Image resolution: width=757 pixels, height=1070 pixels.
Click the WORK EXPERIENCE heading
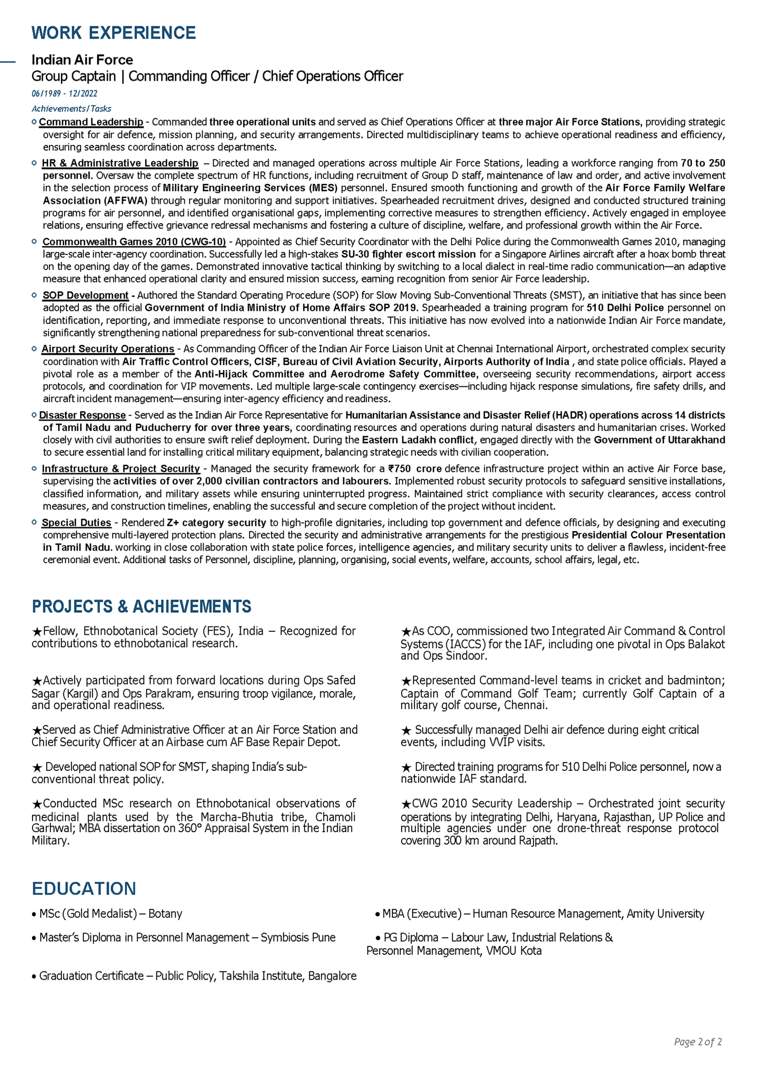[x=113, y=33]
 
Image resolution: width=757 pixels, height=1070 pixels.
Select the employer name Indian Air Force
[x=82, y=59]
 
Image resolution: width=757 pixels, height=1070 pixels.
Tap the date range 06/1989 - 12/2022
[x=64, y=93]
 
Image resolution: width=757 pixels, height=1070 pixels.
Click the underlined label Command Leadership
[x=91, y=122]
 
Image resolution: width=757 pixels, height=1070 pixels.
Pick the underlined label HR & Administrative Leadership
[x=120, y=163]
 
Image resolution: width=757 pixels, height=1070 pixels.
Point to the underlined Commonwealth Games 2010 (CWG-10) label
[x=134, y=242]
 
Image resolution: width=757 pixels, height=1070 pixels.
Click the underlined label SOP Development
[x=85, y=295]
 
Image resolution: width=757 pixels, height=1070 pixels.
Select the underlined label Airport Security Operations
[x=107, y=349]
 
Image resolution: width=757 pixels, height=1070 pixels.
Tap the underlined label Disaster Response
[x=82, y=415]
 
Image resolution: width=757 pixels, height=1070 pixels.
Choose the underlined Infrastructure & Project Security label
[x=121, y=469]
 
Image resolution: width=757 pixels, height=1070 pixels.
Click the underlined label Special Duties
[x=76, y=523]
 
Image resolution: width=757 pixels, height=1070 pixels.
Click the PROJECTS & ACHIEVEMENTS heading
[x=141, y=606]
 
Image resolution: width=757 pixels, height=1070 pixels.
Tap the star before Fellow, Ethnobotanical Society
[x=38, y=632]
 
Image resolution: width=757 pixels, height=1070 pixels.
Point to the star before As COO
[x=406, y=632]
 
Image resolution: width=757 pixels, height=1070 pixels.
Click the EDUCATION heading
[x=84, y=889]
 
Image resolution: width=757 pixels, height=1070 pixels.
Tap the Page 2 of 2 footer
[x=698, y=1042]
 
